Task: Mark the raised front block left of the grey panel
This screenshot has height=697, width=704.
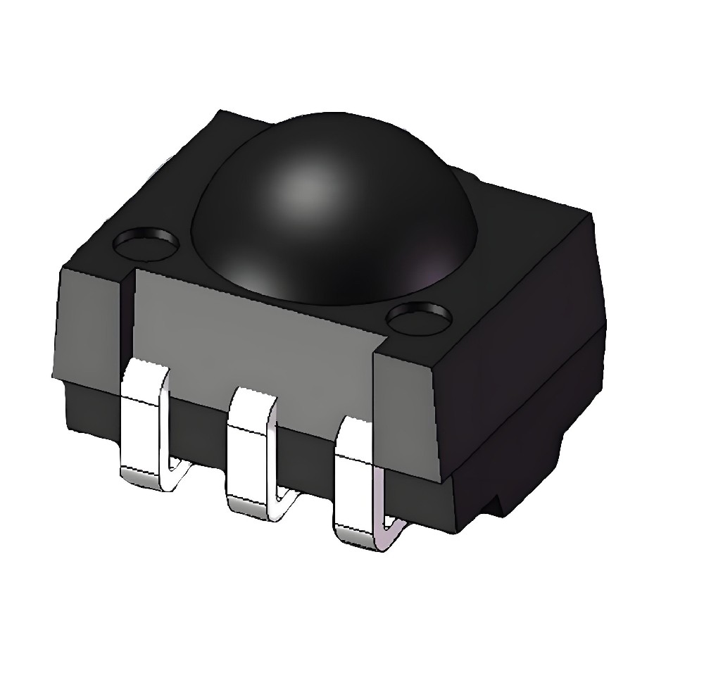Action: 88,324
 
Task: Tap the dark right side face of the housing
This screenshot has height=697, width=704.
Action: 521,338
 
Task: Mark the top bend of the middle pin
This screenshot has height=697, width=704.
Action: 252,398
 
